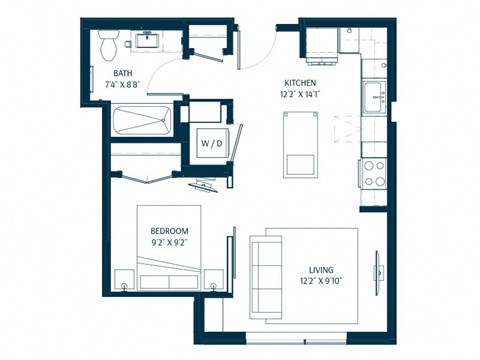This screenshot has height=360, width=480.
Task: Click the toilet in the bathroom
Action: (110, 42)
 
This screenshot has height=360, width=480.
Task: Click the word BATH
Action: (122, 73)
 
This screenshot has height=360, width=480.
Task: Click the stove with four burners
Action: (374, 174)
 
